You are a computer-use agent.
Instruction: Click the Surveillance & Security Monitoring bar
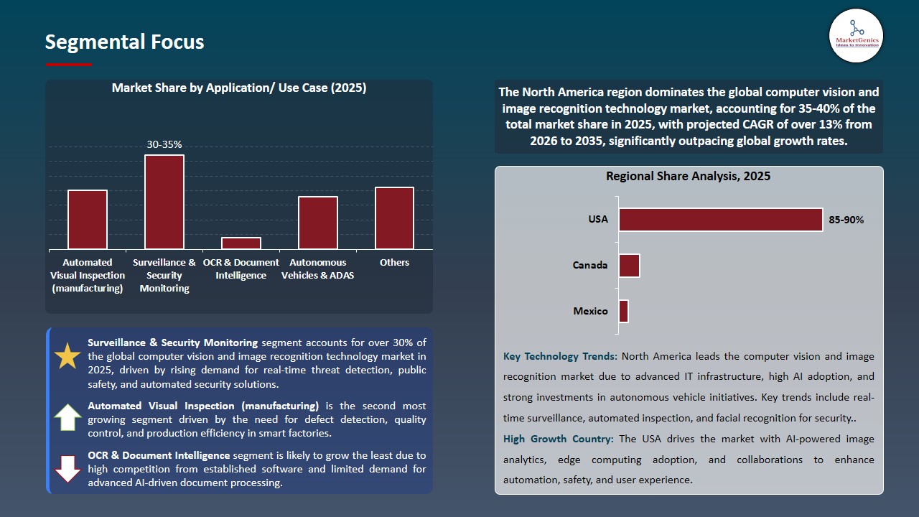[x=164, y=202]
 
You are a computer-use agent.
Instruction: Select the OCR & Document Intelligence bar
[x=241, y=243]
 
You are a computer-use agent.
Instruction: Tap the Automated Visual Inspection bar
[x=88, y=219]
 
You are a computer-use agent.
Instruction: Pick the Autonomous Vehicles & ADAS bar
[x=318, y=223]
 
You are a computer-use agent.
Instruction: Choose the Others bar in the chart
[x=394, y=218]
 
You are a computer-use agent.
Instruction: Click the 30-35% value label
[x=164, y=144]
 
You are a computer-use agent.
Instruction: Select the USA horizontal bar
[x=720, y=220]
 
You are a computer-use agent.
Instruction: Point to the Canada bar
[x=629, y=266]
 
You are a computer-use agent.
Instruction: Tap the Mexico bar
[x=623, y=312]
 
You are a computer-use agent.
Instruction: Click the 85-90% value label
[x=846, y=220]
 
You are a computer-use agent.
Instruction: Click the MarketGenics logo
[x=856, y=36]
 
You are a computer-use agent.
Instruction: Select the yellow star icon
[x=67, y=356]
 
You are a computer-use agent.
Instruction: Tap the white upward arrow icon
[x=67, y=417]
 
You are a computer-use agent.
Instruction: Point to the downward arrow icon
[x=67, y=469]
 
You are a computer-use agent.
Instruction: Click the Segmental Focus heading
[x=124, y=42]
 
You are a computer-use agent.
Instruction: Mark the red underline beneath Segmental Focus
[x=69, y=65]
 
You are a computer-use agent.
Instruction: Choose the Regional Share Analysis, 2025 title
[x=688, y=176]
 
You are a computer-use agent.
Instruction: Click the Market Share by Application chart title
[x=239, y=88]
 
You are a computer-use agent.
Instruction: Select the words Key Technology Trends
[x=560, y=356]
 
